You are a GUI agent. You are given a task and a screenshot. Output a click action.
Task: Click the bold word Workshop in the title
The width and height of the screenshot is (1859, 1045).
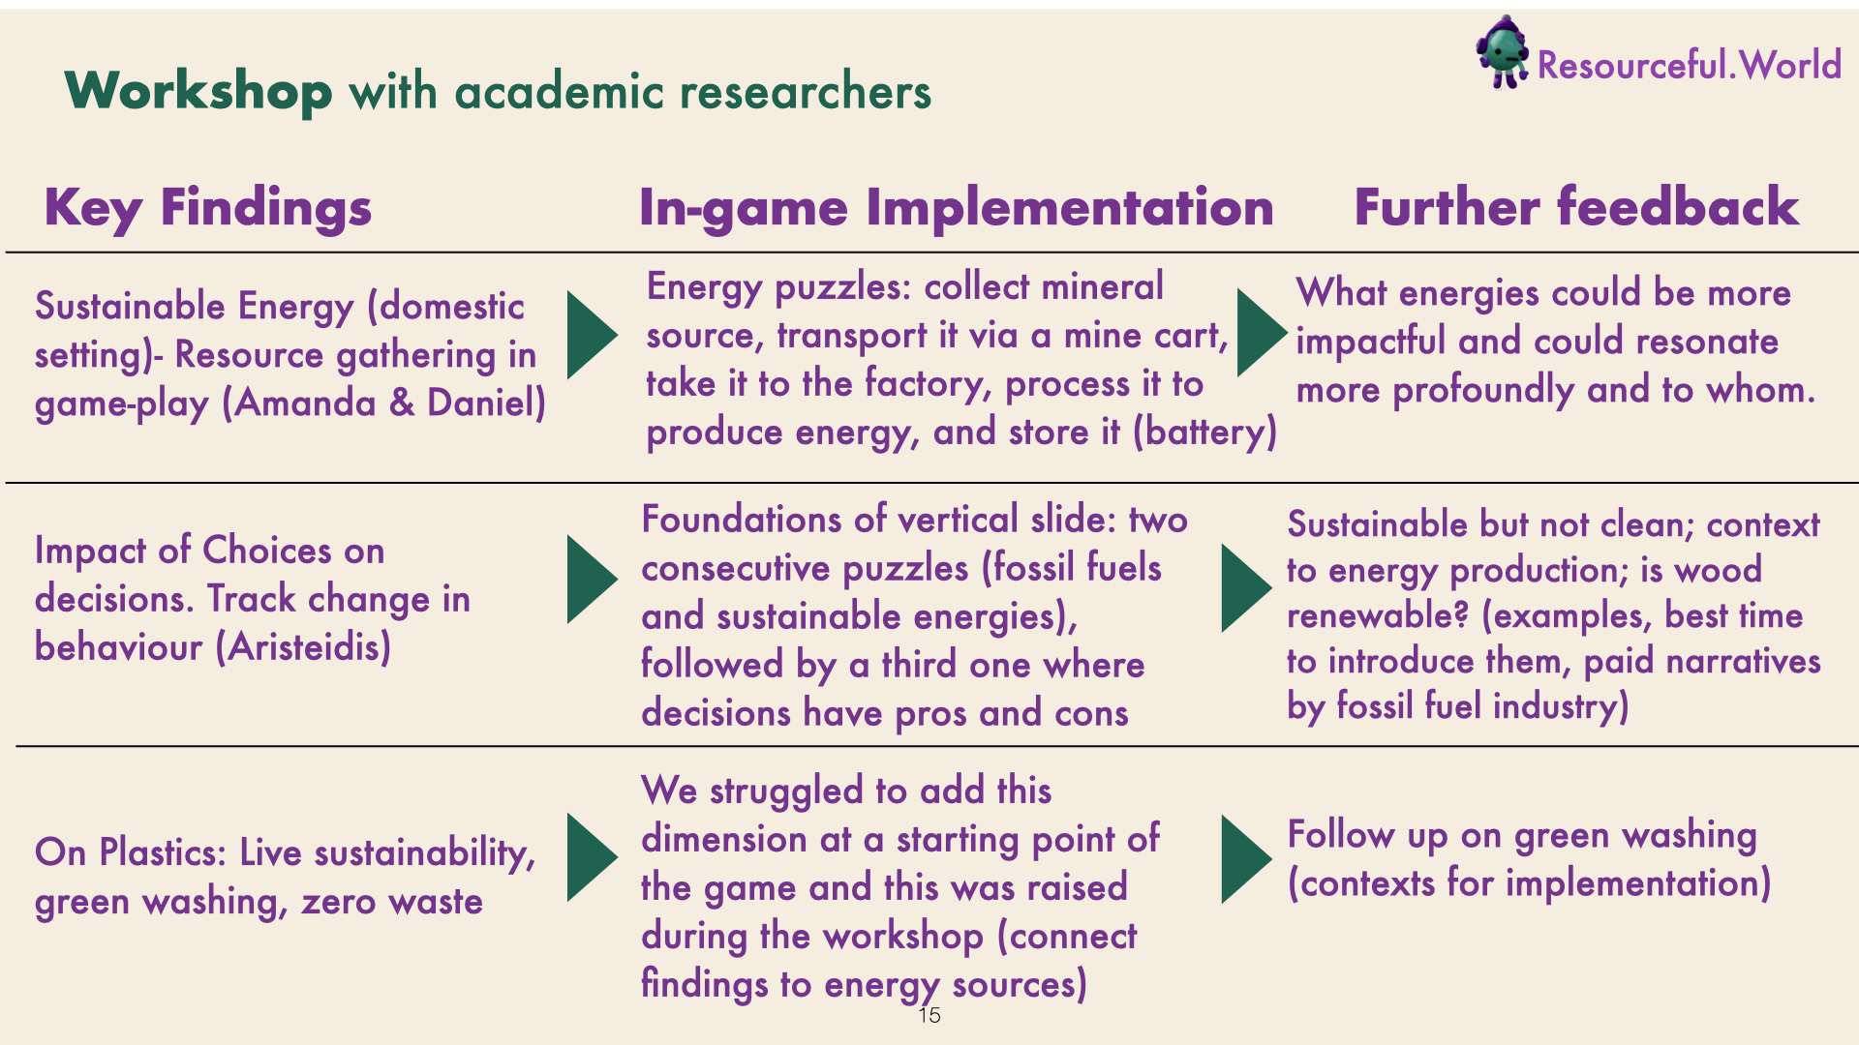[x=198, y=91]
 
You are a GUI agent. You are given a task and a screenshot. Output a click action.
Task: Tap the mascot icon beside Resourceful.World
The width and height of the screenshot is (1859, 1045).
[x=1502, y=52]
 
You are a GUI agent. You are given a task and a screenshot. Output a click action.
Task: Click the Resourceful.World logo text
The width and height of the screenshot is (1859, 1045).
[x=1690, y=65]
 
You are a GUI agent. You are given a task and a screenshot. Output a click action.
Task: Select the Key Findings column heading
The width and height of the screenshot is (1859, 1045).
[x=208, y=208]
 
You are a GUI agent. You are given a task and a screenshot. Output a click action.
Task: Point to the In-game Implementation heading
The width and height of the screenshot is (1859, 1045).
[x=957, y=207]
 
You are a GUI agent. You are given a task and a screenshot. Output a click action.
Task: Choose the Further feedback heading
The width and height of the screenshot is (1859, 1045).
[x=1576, y=206]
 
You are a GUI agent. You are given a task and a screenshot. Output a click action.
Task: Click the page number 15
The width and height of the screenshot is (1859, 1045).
[x=929, y=1015]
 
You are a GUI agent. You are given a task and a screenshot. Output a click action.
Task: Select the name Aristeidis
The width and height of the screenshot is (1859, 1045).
[x=303, y=646]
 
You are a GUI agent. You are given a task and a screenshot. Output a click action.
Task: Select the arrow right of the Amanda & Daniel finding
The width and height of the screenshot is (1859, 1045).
[x=592, y=335]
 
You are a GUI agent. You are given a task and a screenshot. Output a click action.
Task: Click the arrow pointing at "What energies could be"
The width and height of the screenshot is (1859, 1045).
[x=1263, y=333]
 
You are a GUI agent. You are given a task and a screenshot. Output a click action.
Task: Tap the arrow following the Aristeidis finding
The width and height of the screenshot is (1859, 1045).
[x=592, y=580]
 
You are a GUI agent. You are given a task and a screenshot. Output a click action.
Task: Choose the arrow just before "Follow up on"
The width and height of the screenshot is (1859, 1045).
[x=1247, y=859]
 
